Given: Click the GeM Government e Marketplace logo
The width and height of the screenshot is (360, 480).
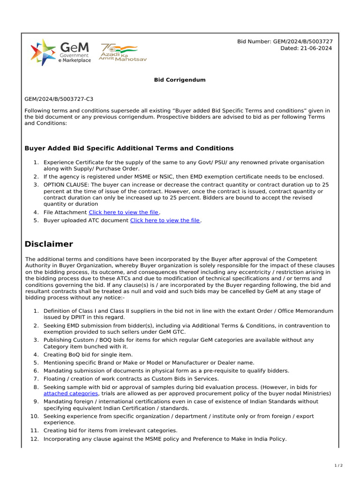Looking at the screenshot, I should point(60,52).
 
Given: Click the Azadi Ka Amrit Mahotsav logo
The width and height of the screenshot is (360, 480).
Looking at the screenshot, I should point(119,53).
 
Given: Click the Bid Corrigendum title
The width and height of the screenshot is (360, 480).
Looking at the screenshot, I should point(180,80).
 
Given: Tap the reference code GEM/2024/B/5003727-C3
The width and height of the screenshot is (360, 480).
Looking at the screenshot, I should point(59,99).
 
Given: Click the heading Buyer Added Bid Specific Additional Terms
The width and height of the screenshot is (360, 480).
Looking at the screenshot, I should point(128,148).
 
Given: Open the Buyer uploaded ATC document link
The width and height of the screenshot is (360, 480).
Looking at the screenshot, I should point(165,220).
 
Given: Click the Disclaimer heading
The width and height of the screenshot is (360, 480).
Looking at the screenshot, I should point(49,244).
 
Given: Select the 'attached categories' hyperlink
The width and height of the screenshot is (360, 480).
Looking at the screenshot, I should point(71,394).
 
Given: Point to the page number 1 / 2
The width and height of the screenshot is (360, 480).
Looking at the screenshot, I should point(338,465).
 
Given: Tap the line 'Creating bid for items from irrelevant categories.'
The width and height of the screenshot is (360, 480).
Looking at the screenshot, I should point(111,431).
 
